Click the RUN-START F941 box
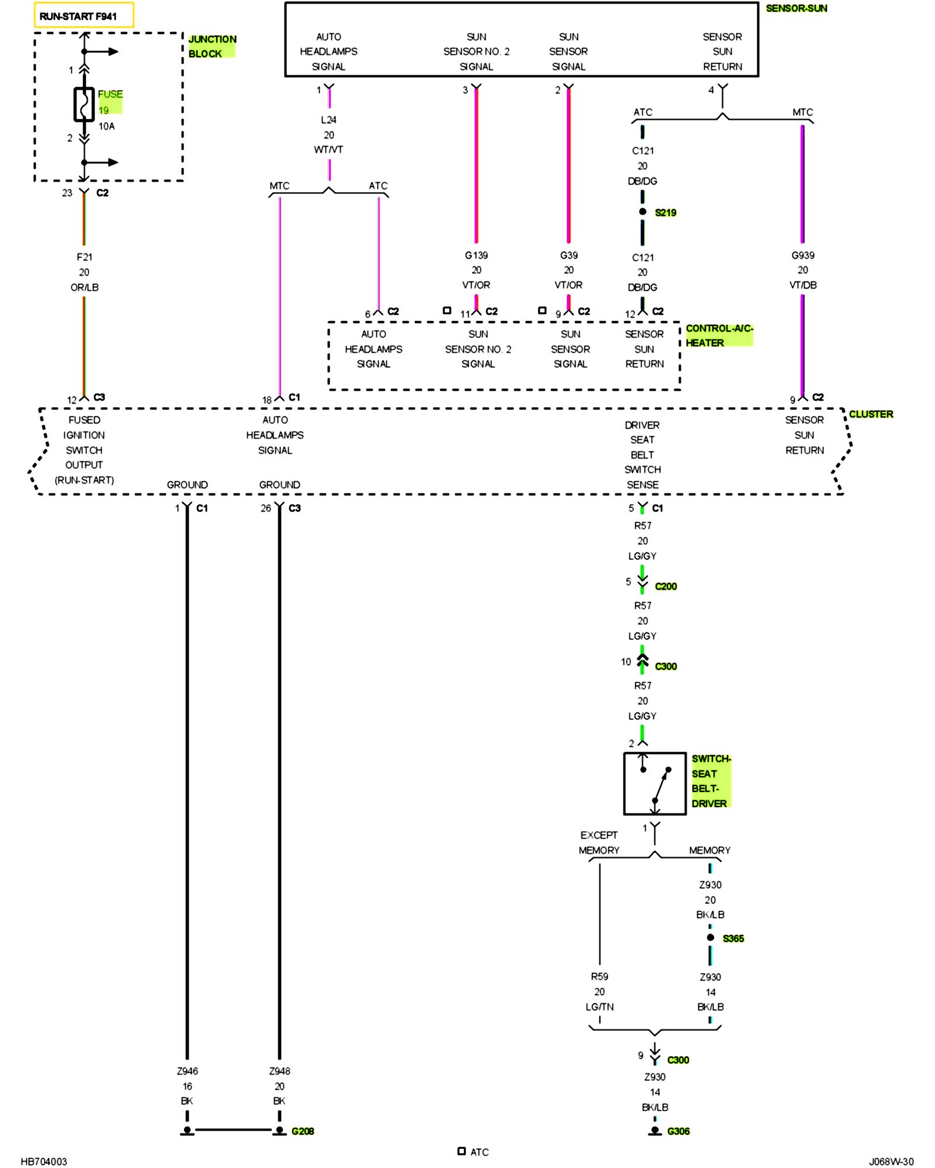pos(84,15)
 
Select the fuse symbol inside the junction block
pos(84,105)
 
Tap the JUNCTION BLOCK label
pos(212,46)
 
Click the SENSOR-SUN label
pos(797,8)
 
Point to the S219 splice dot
pos(643,211)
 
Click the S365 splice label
pos(733,938)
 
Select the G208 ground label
pos(303,1131)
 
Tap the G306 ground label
pos(678,1131)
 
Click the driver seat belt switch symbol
pos(654,783)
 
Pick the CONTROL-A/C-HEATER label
pos(719,335)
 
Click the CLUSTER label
pos(871,414)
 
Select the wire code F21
pos(84,257)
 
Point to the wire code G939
pos(803,255)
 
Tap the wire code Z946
pos(187,1071)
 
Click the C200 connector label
pos(666,586)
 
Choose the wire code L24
pos(328,120)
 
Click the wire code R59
pos(600,976)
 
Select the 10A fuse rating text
pos(106,126)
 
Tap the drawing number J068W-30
pos(891,1162)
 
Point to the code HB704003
pos(44,1162)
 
